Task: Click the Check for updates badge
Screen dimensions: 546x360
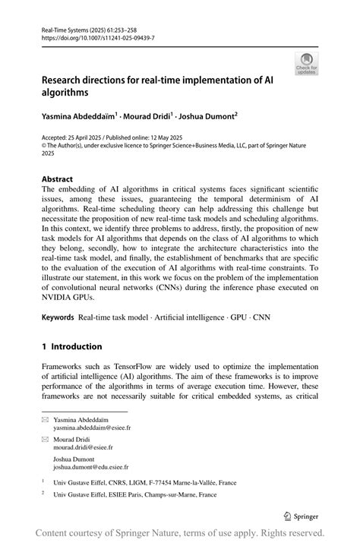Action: tap(306, 64)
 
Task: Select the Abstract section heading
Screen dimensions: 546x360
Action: tap(58, 179)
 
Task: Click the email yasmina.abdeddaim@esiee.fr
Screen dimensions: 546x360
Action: tap(92, 428)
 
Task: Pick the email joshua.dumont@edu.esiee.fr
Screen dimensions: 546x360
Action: tap(90, 468)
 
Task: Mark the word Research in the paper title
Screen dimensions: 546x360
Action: tap(67, 78)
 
